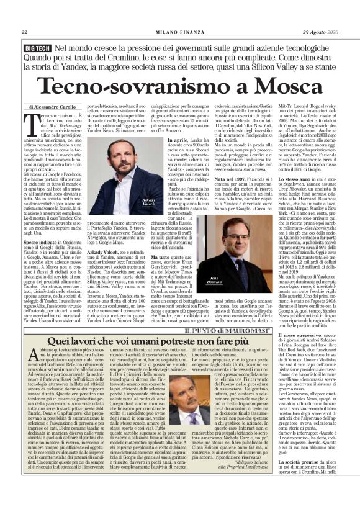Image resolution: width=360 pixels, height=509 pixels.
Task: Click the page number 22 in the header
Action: tap(24, 32)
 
